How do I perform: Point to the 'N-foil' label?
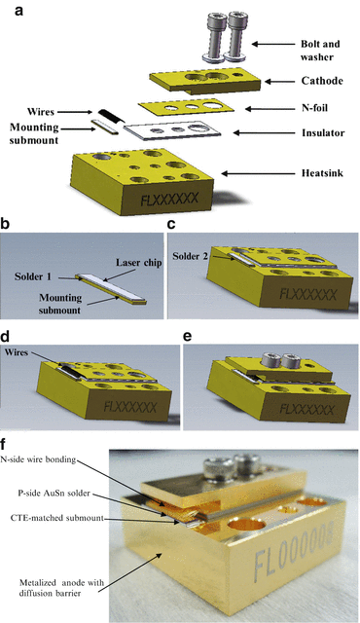click(x=299, y=109)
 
